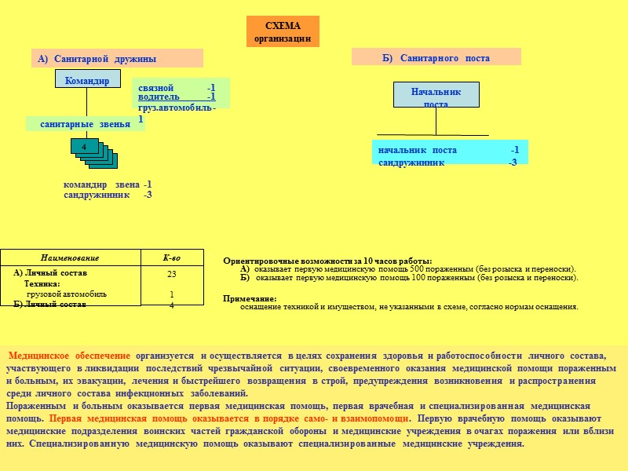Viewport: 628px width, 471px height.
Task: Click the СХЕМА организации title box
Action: [x=283, y=31]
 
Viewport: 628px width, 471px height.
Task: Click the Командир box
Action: [x=87, y=78]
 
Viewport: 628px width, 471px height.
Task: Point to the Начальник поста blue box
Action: [x=436, y=95]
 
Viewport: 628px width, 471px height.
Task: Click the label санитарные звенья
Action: [x=85, y=124]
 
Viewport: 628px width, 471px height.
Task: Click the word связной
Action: [x=155, y=87]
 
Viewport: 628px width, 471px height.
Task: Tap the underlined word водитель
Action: [x=159, y=97]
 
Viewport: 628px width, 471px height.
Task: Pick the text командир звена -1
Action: [x=108, y=184]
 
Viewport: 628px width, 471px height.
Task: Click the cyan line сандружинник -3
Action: [x=447, y=162]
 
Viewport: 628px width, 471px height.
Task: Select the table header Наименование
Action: [x=70, y=257]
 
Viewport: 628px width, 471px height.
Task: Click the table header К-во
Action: [x=171, y=257]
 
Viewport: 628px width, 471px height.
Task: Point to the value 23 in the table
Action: [x=171, y=274]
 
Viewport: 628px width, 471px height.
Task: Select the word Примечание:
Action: [x=250, y=298]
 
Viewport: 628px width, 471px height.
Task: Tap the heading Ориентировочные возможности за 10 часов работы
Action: [x=327, y=261]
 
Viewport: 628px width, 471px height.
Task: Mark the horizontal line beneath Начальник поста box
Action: [x=433, y=135]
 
